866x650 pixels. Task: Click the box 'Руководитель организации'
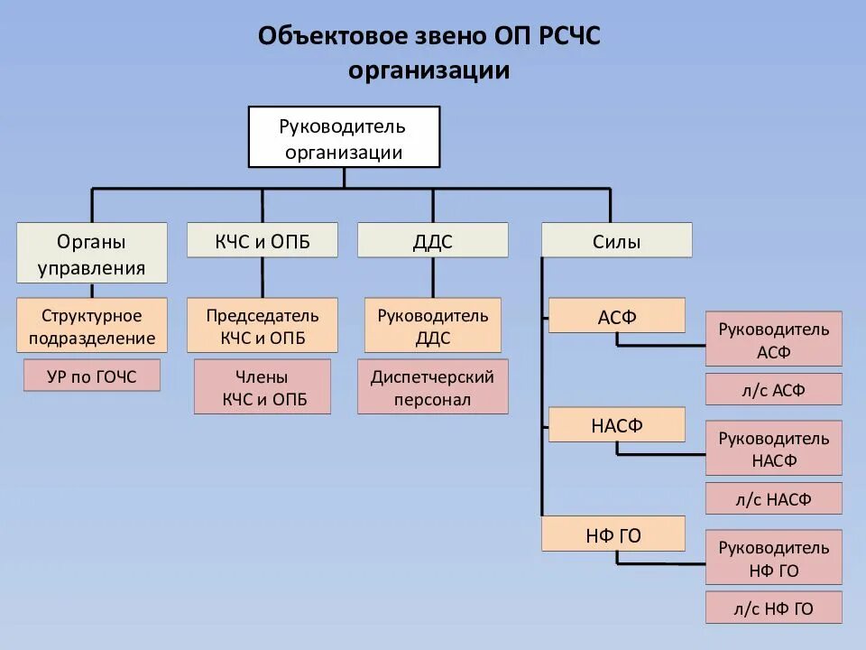point(344,137)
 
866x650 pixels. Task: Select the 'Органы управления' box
point(92,254)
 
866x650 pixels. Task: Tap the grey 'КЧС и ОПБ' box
point(263,241)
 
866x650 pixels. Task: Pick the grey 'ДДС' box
point(433,241)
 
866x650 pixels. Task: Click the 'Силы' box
point(617,241)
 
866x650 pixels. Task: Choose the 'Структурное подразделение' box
point(92,326)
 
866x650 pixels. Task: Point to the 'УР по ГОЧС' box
point(92,376)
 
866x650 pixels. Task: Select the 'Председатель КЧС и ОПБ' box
point(263,326)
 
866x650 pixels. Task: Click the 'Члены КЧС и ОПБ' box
point(263,387)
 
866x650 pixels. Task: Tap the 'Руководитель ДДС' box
point(433,326)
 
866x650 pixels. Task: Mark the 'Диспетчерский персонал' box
point(433,387)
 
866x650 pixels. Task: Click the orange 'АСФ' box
point(617,316)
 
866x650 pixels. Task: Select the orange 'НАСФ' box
point(617,425)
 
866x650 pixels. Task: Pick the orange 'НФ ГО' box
point(613,534)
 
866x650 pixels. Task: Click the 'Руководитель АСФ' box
point(774,339)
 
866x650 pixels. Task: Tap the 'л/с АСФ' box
point(774,390)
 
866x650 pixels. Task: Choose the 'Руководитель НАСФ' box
point(774,449)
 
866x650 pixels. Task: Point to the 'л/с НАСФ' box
point(774,498)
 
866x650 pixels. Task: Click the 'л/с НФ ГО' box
point(774,608)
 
